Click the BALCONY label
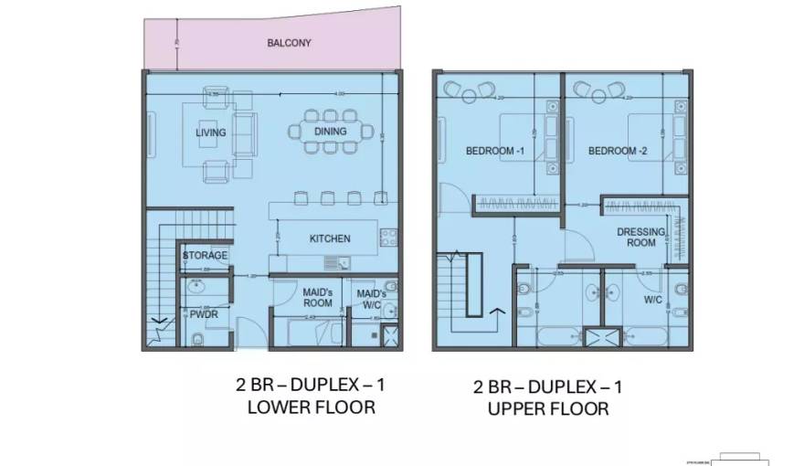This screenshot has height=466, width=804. coord(289,43)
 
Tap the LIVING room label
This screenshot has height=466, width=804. coord(211,133)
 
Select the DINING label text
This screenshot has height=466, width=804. coord(330,132)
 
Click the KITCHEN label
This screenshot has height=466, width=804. coord(330,238)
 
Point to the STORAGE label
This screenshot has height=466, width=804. coord(205,255)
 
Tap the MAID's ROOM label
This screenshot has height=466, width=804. coord(317,297)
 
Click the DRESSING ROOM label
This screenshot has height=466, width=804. coord(641,238)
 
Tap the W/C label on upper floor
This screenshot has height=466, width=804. coord(652,299)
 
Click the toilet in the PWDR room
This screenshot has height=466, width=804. coord(198,340)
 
